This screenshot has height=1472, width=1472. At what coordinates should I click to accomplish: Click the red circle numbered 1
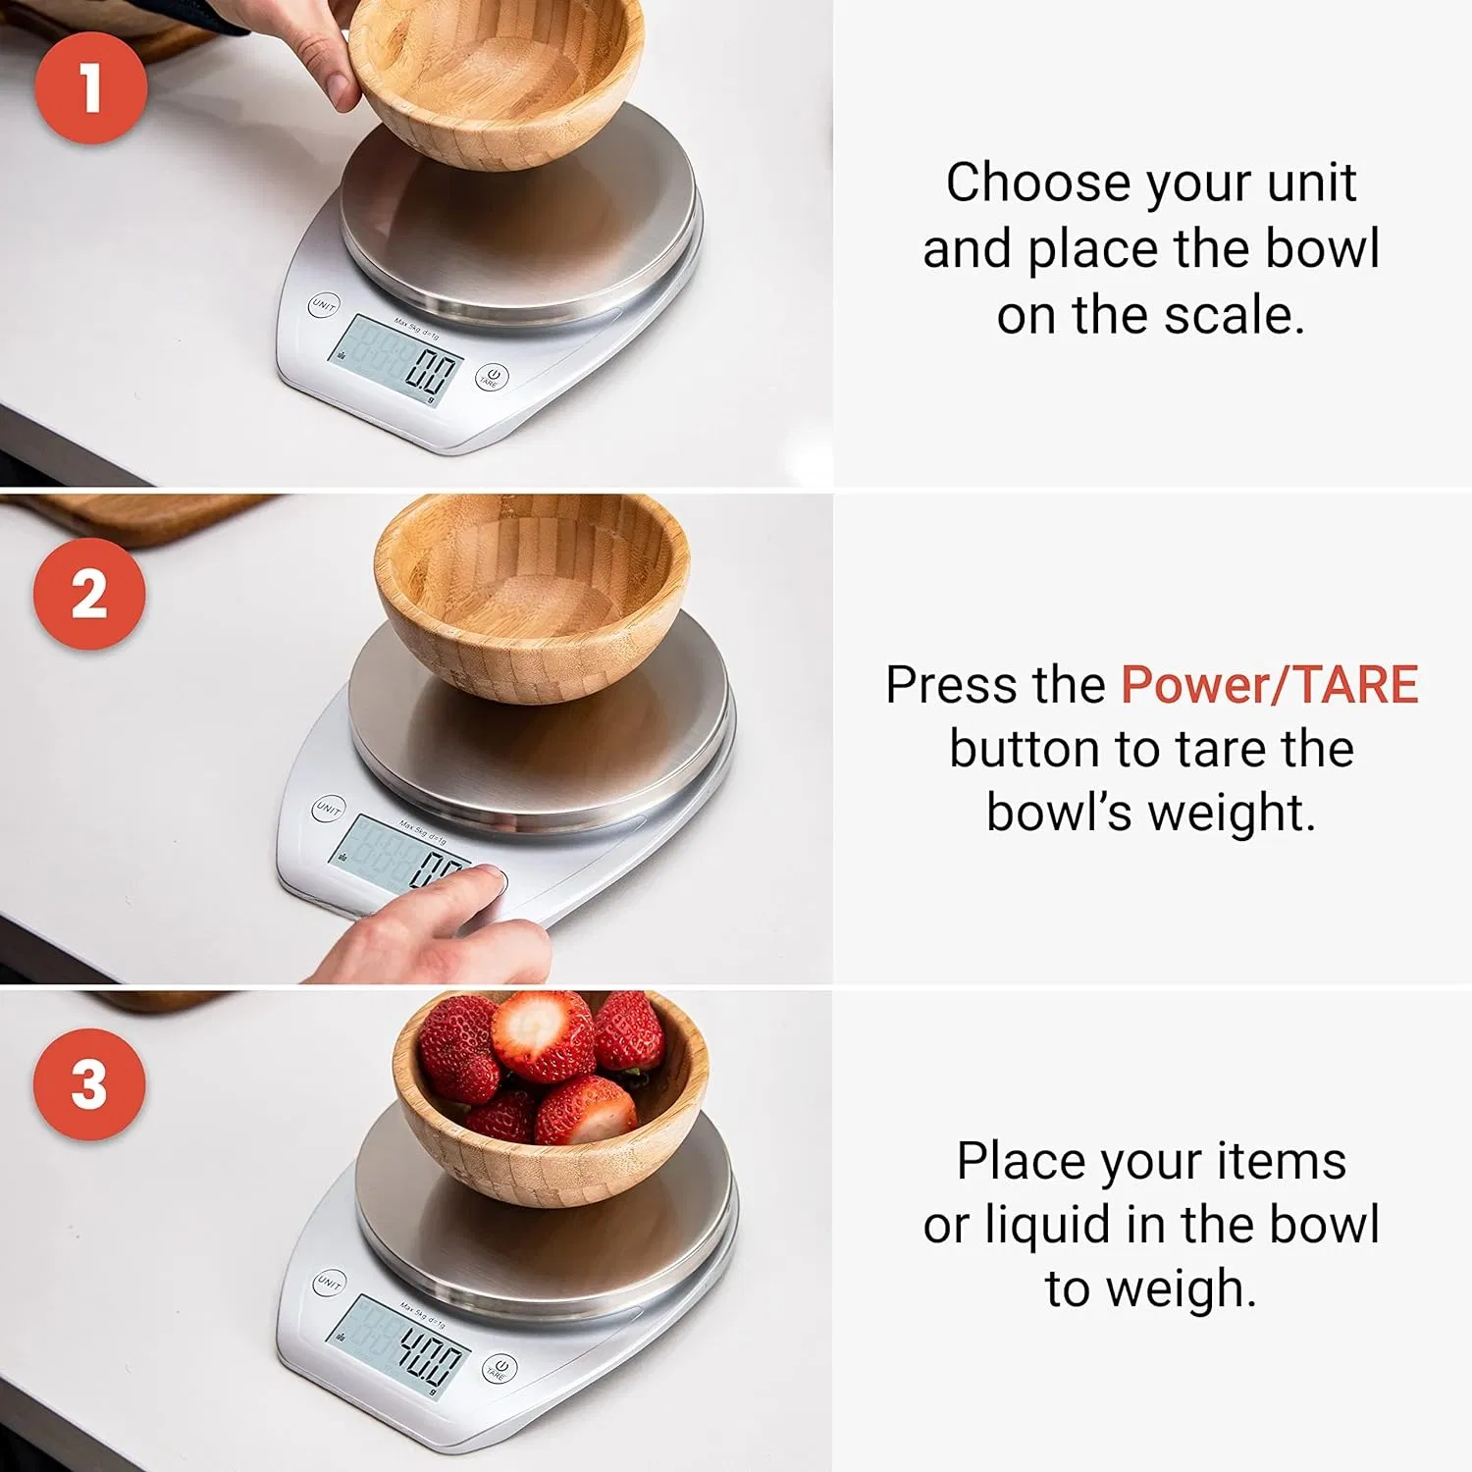pos(91,87)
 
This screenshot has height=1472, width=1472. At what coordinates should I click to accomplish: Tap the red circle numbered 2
pos(89,594)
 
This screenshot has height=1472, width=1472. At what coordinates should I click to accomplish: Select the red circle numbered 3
pos(89,1084)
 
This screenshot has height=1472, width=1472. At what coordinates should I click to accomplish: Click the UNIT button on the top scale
pos(323,306)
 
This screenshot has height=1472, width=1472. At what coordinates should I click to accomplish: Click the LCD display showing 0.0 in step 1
pos(396,359)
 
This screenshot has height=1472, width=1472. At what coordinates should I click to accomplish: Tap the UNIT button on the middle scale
pos(328,809)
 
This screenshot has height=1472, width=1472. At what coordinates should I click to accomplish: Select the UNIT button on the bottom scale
pos(329,1283)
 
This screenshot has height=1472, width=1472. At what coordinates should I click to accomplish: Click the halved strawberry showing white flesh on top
pos(542,1033)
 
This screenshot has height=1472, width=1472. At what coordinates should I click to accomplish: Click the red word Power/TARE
pos(1269,685)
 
